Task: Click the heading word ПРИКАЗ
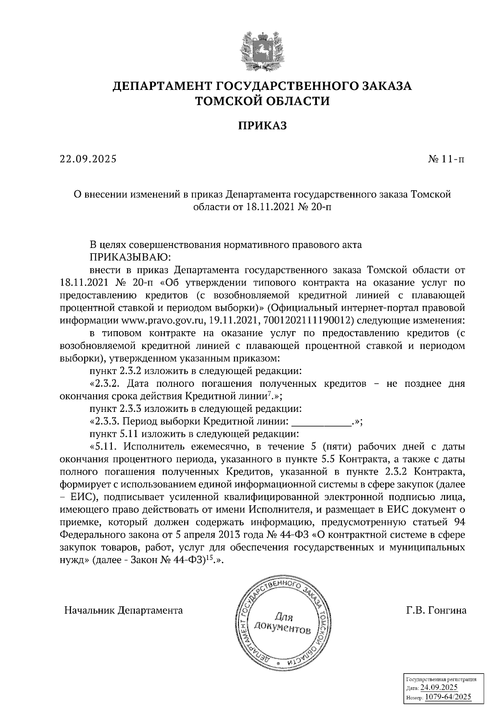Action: click(x=262, y=125)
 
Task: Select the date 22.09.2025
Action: click(x=88, y=159)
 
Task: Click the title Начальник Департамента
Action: click(x=123, y=610)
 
